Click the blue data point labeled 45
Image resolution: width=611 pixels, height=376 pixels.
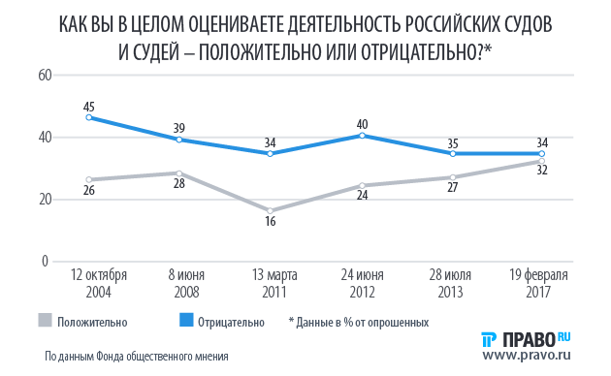[88, 117]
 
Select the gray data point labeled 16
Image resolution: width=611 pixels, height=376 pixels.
[270, 210]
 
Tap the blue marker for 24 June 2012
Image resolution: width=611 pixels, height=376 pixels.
[361, 135]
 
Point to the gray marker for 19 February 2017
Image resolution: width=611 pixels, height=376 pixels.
[542, 162]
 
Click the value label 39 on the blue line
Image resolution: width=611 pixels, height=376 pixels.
[178, 127]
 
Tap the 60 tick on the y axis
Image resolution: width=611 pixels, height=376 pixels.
[44, 75]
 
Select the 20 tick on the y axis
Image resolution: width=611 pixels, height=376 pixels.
[44, 199]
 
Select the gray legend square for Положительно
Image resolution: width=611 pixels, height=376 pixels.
[45, 320]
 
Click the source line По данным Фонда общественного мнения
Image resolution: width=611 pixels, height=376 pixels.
[136, 356]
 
